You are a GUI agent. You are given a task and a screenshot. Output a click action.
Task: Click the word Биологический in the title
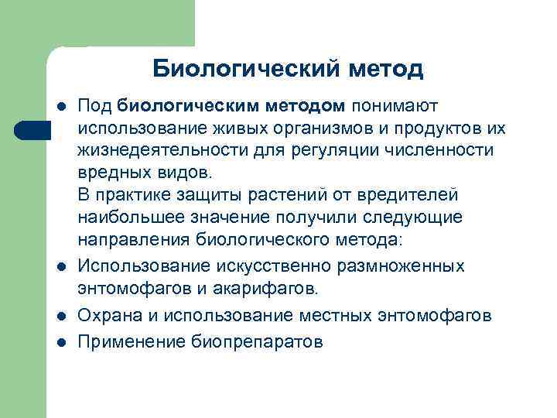[x=231, y=69]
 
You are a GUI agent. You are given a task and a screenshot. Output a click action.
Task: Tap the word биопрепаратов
[x=256, y=341]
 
